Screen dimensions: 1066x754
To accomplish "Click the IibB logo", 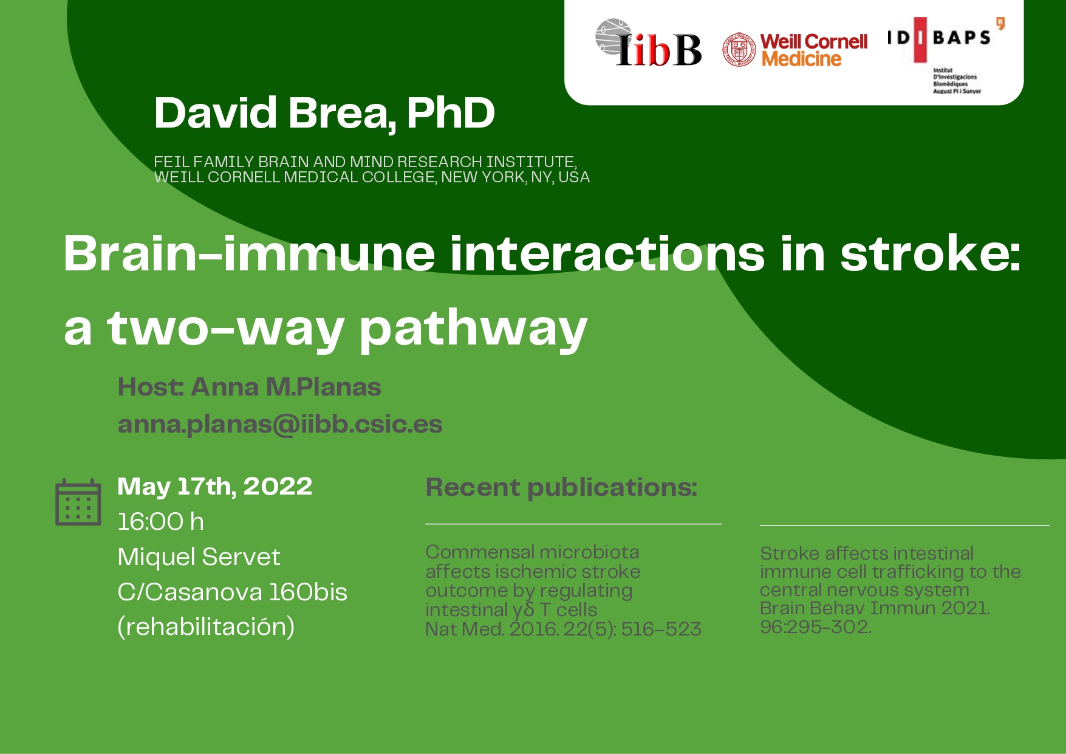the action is click(648, 43).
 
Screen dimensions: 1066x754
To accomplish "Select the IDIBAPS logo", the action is click(946, 55).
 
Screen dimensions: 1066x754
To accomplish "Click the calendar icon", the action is click(78, 502).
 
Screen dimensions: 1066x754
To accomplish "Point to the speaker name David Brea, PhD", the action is click(324, 113).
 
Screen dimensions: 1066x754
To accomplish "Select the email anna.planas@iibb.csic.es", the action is click(280, 424).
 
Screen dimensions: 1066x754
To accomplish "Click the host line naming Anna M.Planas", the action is click(249, 387).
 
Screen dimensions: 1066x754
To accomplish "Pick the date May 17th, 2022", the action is click(215, 487).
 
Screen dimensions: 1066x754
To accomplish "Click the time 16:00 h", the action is click(160, 521).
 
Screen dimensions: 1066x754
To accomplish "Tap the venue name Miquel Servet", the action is click(199, 557).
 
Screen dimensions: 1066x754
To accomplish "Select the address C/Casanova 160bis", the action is click(232, 592).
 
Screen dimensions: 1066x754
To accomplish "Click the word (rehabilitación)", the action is click(206, 627).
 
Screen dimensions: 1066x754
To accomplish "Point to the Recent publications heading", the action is click(562, 488).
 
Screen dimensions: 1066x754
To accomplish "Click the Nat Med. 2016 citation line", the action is click(563, 629).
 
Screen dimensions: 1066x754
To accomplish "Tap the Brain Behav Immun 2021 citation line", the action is click(875, 608).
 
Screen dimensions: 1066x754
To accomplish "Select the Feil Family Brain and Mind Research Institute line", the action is click(365, 162).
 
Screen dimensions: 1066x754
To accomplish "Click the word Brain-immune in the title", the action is click(250, 253).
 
